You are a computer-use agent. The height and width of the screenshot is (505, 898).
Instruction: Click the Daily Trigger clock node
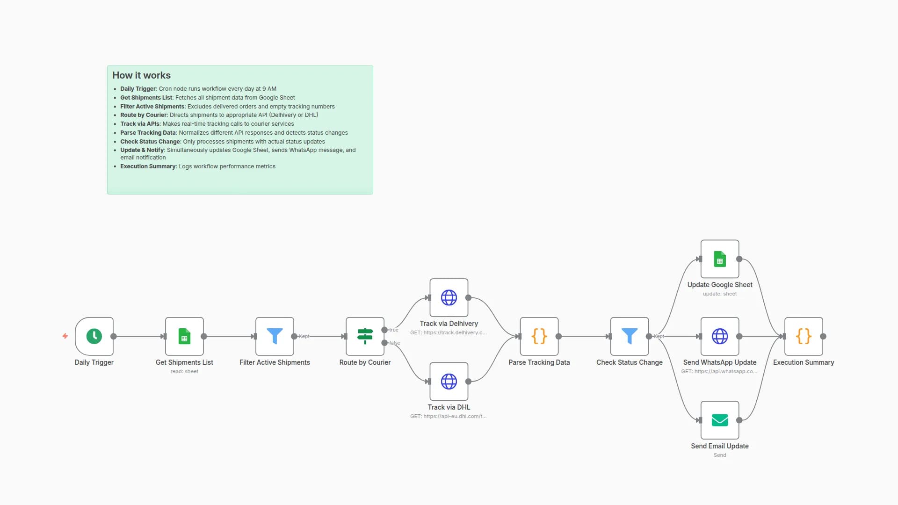[94, 336]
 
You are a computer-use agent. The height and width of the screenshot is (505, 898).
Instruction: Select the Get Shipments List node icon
[184, 336]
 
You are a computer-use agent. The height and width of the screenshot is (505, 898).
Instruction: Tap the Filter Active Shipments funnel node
[275, 336]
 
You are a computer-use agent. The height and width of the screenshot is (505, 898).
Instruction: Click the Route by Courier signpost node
[365, 336]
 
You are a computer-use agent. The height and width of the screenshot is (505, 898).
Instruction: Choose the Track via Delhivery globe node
[449, 297]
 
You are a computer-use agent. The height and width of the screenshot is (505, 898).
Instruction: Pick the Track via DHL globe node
[449, 382]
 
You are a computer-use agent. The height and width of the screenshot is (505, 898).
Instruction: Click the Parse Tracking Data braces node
[539, 336]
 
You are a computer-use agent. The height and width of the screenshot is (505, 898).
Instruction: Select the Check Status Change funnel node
[629, 336]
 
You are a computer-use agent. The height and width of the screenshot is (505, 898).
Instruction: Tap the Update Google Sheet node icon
[719, 259]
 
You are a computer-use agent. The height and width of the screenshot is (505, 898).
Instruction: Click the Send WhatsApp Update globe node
[719, 336]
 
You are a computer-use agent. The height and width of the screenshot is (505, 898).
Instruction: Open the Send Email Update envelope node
[719, 420]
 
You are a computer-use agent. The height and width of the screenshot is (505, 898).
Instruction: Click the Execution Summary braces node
[804, 336]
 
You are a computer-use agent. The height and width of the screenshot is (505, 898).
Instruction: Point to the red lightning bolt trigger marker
[65, 336]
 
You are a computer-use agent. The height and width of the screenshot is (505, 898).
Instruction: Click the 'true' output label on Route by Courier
[394, 330]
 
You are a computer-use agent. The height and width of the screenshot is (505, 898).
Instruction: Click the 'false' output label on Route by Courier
[395, 343]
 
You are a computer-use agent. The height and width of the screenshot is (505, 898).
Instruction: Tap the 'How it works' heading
[141, 75]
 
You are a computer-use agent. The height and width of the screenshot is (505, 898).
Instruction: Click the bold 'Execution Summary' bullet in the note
[148, 166]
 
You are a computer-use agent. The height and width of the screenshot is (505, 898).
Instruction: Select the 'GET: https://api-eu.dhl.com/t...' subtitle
[448, 416]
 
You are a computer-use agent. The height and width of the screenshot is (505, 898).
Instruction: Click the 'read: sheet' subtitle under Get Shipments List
[184, 371]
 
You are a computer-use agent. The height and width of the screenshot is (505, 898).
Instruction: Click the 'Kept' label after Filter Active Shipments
[304, 336]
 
